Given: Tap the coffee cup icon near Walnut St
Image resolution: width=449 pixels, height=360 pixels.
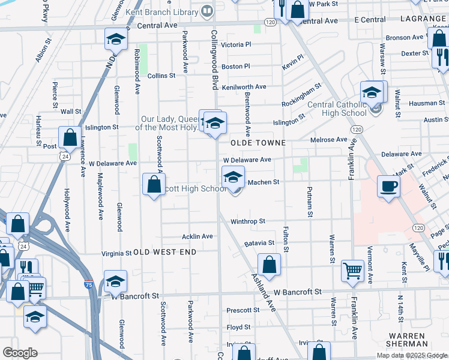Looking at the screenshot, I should coord(388,187).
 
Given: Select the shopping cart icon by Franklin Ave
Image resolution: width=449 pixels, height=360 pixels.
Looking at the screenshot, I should coord(352,270).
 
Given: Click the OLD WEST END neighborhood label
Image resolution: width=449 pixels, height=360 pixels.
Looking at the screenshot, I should coord(164,253).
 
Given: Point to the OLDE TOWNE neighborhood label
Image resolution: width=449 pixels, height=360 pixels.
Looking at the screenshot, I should coord(251,143).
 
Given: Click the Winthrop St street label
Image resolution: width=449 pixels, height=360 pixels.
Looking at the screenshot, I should coord(248,221).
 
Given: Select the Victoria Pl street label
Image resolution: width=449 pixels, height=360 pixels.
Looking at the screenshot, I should coord(236,45).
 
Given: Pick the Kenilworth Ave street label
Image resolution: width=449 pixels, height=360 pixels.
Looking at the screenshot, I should coord(244,87).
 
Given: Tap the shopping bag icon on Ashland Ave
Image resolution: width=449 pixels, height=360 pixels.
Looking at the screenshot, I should coord(270,265).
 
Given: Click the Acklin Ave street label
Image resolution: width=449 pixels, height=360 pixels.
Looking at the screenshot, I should coord(197,236).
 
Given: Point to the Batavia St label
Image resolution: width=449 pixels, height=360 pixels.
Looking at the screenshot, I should coord(259,244).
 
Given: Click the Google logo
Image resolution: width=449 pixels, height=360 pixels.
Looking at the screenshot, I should coord(20,353).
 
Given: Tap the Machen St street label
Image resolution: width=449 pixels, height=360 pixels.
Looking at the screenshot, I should coord(264,182).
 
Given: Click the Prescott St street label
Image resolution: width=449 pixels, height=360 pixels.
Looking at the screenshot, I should coord(243,310).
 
